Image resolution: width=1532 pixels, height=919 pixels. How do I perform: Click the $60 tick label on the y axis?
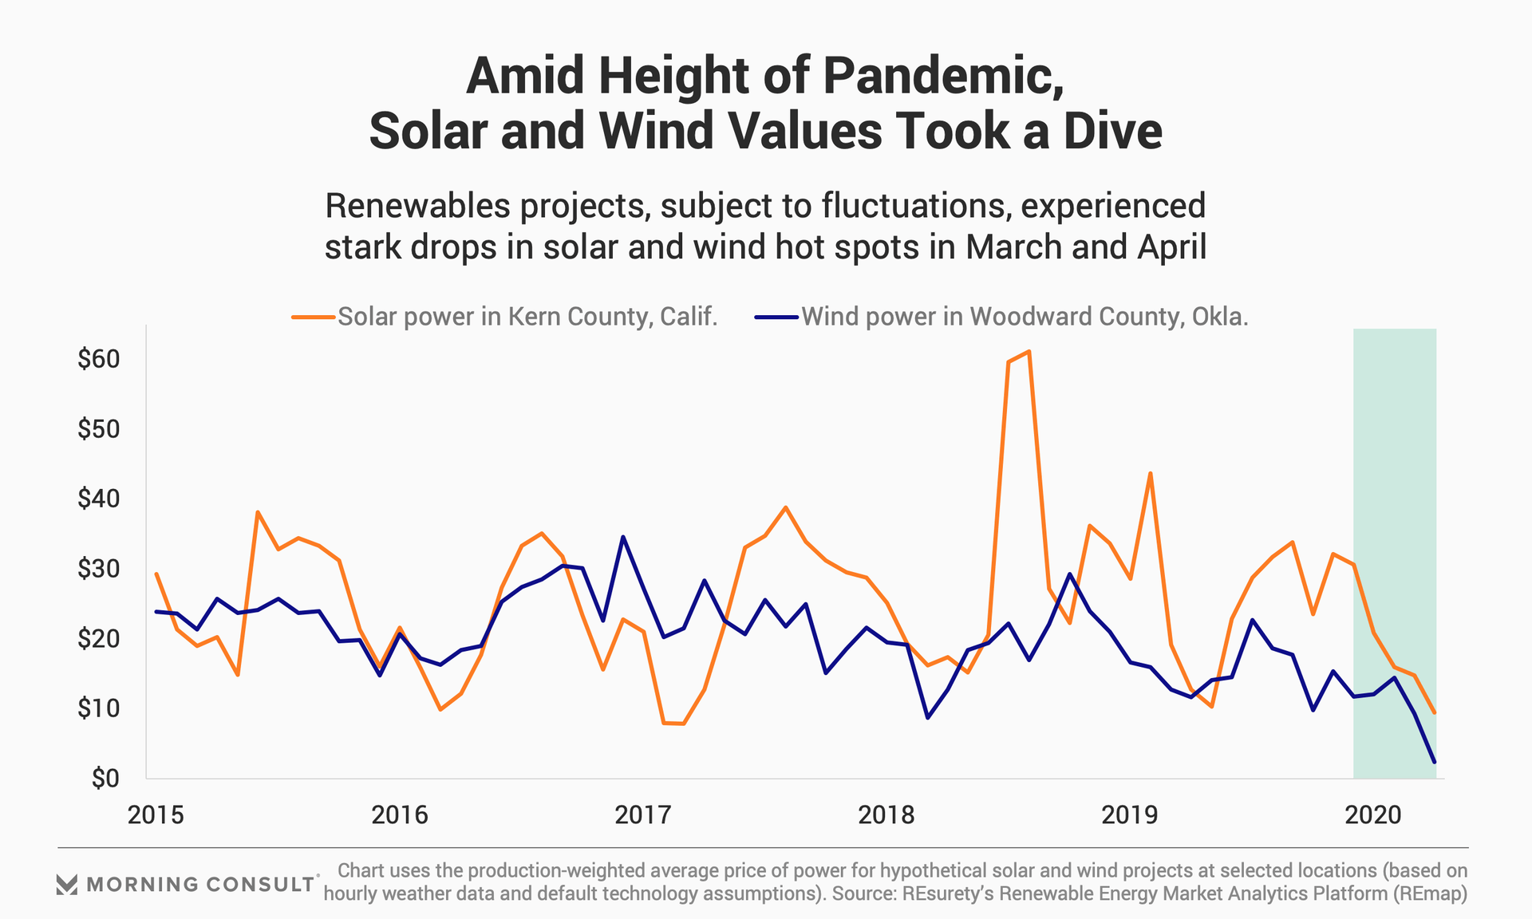click(x=98, y=359)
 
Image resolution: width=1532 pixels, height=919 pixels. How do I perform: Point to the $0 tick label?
click(x=104, y=778)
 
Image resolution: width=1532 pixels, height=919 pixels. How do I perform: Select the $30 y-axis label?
click(x=98, y=569)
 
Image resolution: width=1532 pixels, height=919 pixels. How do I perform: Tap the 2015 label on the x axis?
click(x=156, y=814)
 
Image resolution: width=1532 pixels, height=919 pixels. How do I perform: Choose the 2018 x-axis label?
click(x=886, y=814)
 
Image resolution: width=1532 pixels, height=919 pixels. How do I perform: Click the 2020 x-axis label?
click(x=1372, y=814)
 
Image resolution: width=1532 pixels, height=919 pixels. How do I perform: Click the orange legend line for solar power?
click(x=313, y=317)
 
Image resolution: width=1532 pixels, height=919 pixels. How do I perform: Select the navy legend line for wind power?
click(x=776, y=317)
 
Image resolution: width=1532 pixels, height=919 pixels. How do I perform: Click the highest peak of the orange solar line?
click(x=1029, y=351)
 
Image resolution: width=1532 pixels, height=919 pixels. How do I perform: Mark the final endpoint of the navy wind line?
click(x=1434, y=762)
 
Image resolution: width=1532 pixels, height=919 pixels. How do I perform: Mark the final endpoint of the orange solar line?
click(x=1434, y=712)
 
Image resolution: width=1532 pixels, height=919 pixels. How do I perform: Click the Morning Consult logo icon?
click(x=67, y=884)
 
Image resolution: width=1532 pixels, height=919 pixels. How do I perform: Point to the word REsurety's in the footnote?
click(x=947, y=893)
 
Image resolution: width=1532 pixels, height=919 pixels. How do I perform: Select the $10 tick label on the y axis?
click(x=98, y=708)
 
